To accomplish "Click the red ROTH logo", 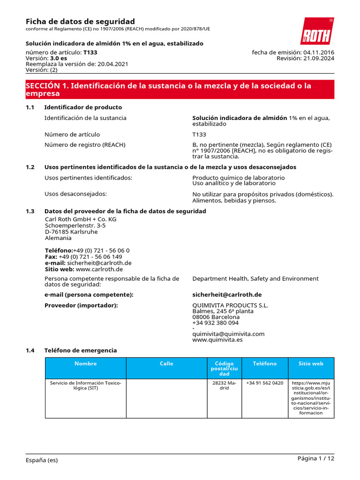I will (317, 31).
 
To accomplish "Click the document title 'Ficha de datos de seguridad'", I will (80, 22).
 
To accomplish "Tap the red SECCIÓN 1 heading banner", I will (180, 90).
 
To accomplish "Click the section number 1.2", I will (30, 167).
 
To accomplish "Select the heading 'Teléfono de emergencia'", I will (80, 350).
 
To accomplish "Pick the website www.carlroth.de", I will (99, 269).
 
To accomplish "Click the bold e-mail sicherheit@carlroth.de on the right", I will (227, 294).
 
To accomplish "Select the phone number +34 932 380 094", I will (215, 323).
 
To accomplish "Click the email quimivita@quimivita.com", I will (228, 334).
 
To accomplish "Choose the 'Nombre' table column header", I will (85, 364).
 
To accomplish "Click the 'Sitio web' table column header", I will (311, 364).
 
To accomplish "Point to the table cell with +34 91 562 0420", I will (264, 383).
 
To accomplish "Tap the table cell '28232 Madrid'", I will (224, 386).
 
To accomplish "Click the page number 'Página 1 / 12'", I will (315, 458).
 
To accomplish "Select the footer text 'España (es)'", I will (42, 460).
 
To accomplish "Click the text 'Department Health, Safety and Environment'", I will (255, 278).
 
